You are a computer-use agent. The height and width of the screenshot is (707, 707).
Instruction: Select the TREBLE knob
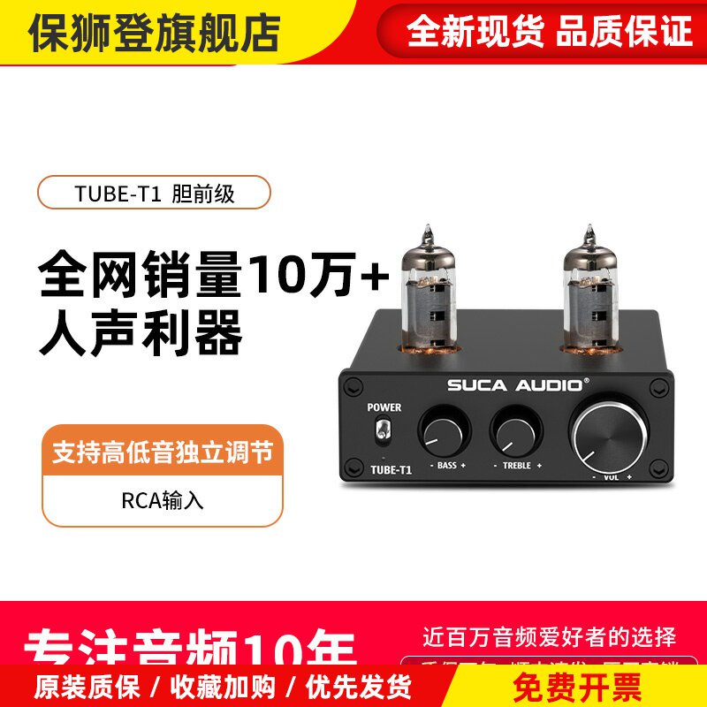[x=514, y=431]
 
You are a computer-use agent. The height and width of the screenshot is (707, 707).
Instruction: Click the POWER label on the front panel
[x=384, y=407]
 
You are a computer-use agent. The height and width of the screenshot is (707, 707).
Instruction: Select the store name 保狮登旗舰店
[x=156, y=32]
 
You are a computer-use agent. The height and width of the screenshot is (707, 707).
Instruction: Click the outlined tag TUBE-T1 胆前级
[x=154, y=193]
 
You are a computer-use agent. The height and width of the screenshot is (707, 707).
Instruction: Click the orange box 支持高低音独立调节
[x=163, y=454]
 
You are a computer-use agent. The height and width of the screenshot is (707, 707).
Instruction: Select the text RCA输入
[x=163, y=500]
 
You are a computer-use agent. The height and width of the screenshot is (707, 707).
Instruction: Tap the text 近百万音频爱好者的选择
[x=550, y=635]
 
